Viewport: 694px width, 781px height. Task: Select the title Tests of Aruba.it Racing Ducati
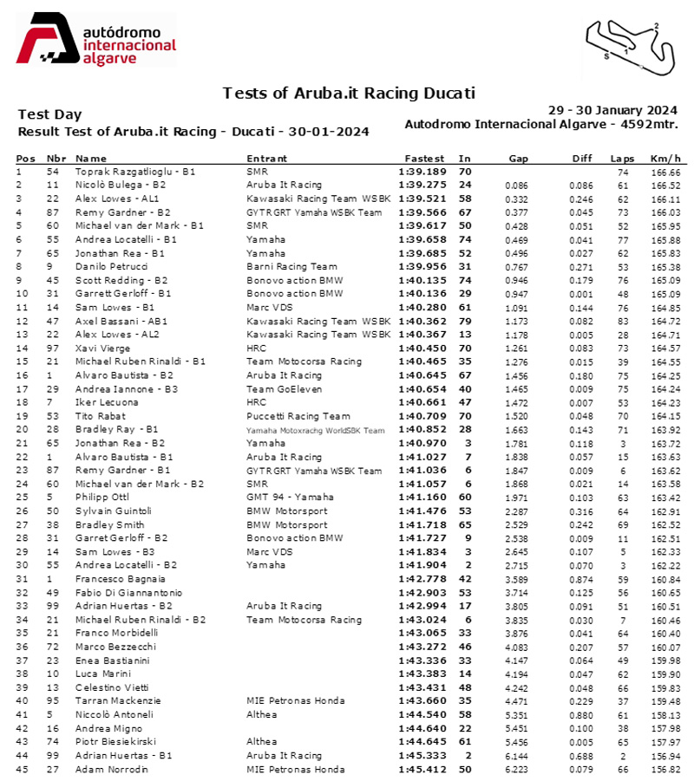349,93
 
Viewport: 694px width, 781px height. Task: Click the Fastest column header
424,159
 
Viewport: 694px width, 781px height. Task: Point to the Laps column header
622,159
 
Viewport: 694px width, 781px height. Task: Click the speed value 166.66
665,172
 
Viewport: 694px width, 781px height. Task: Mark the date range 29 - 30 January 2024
612,110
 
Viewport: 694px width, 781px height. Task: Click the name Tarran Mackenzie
114,700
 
